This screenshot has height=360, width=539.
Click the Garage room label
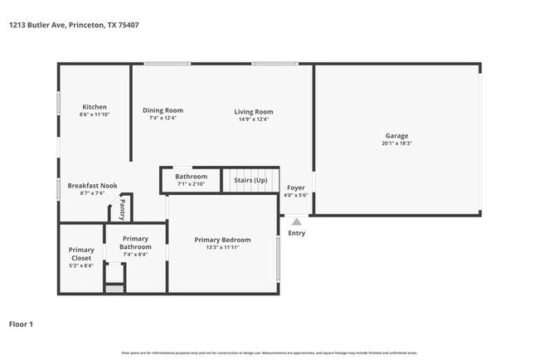tap(396, 135)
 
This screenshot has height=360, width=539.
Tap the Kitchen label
tap(94, 107)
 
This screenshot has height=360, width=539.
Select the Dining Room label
tap(163, 110)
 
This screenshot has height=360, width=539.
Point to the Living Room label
tap(253, 111)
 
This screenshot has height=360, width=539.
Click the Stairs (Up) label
tap(250, 180)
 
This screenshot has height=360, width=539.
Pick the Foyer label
tap(296, 187)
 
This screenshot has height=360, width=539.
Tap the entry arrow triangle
tap(296, 221)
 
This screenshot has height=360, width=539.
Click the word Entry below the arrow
tap(296, 233)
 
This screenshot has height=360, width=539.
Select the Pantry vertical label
tap(122, 208)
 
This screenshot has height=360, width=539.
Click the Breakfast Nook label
tap(92, 185)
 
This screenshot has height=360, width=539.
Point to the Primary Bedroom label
tap(222, 240)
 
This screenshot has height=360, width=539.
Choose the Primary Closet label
tap(81, 254)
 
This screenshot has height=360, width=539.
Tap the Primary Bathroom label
tap(135, 242)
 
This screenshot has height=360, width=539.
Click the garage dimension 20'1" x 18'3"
tap(396, 144)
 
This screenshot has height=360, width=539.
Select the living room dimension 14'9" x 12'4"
tap(253, 119)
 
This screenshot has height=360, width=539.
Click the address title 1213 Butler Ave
tap(73, 25)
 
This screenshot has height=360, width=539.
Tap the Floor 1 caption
tap(21, 324)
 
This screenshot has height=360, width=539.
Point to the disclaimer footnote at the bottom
tap(269, 353)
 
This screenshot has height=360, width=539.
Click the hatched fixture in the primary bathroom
tap(113, 289)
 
